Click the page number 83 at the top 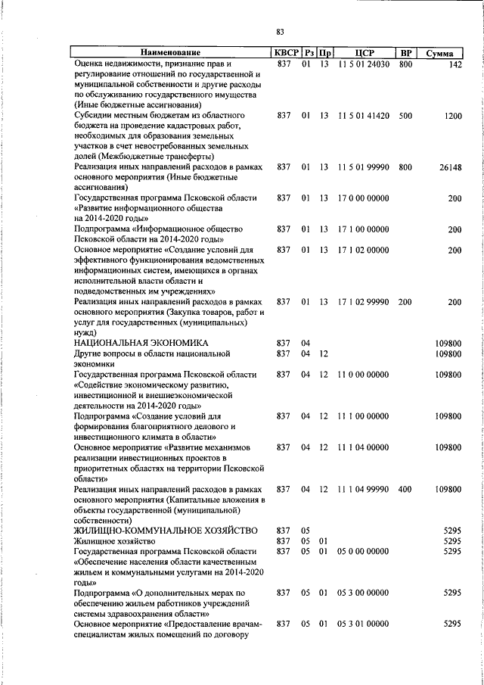pos(280,32)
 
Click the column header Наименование pos(169,54)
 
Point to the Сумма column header pos(439,54)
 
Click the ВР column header pos(406,54)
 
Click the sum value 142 pos(454,65)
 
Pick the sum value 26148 pos(449,167)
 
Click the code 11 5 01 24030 pos(364,65)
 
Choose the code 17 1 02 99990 pos(364,302)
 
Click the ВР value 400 pos(405,490)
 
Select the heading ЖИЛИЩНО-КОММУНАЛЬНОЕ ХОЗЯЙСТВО pos(166,531)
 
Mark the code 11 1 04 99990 pos(364,490)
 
